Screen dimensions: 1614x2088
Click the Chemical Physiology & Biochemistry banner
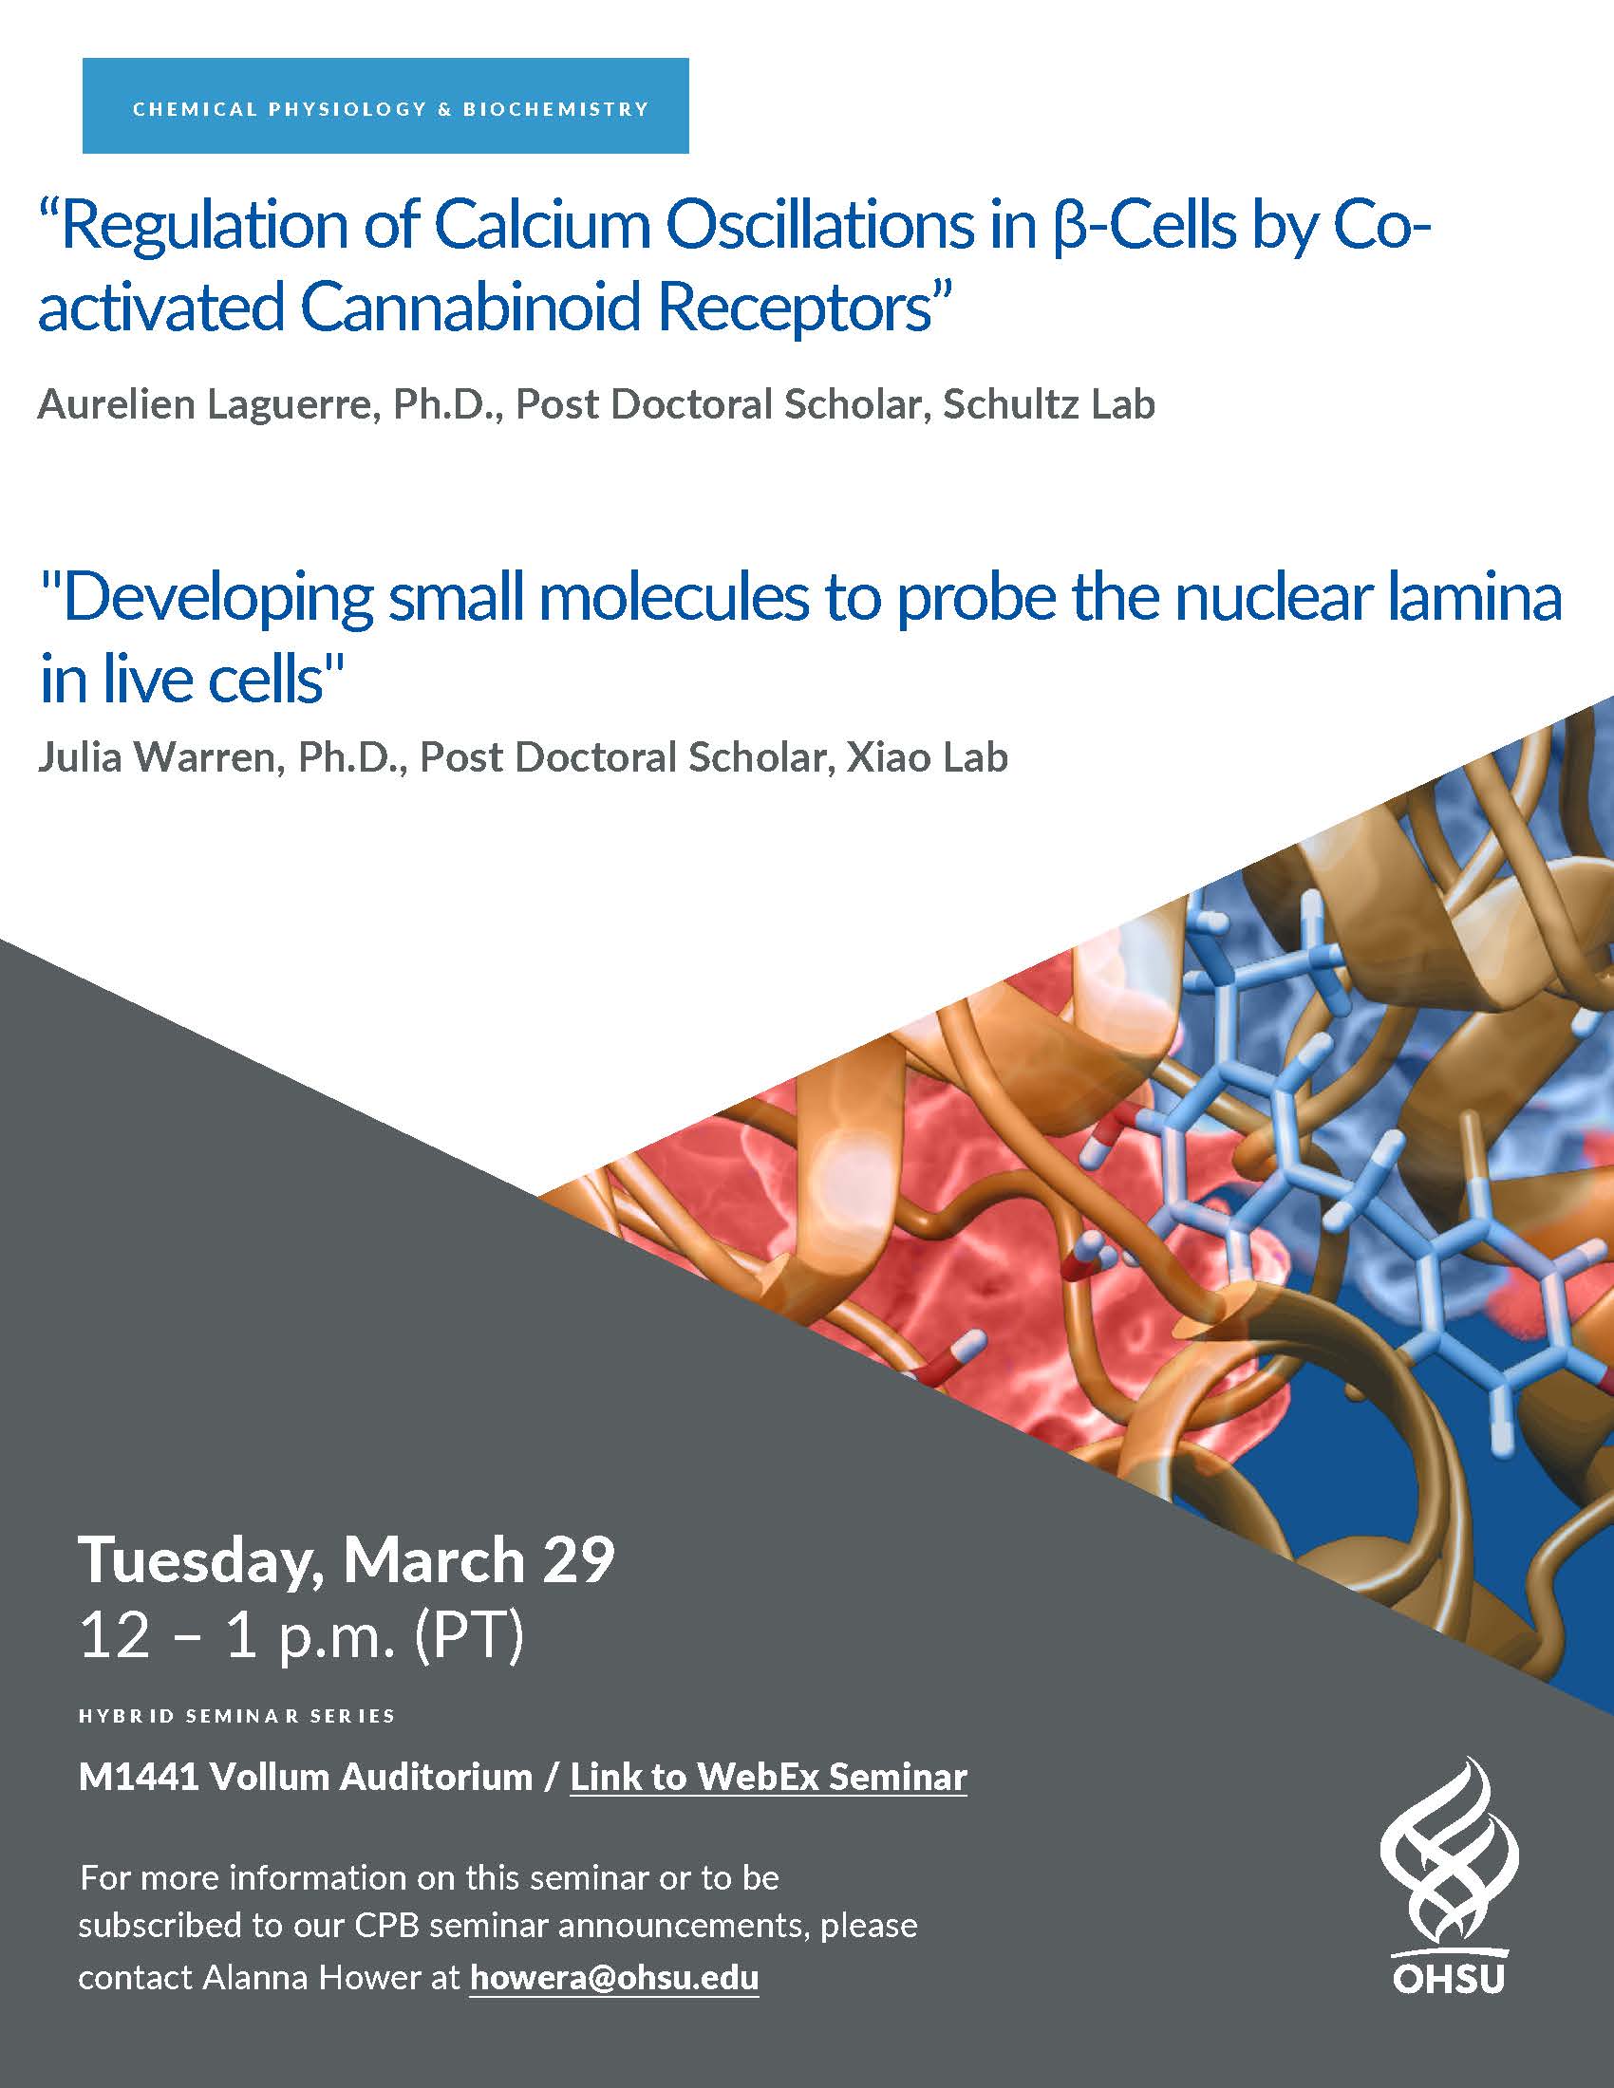coord(385,106)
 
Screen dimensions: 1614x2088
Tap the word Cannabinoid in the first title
coord(473,308)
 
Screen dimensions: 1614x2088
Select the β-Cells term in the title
coord(1142,228)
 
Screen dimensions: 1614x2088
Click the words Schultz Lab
coord(1049,404)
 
